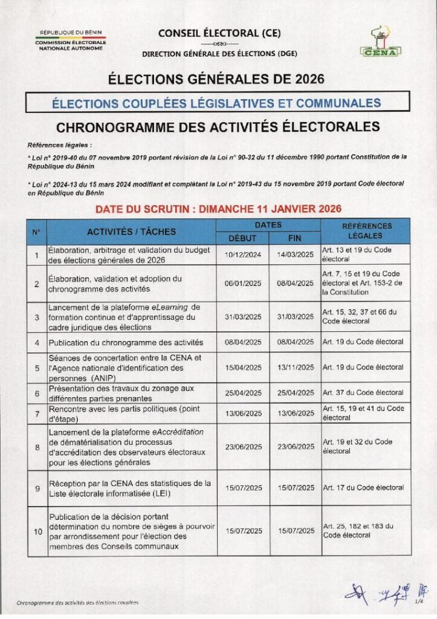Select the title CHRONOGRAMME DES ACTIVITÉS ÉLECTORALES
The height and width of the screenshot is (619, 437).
coord(218,126)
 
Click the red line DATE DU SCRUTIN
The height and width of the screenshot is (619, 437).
coord(218,209)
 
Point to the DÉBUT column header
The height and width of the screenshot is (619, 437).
coord(242,238)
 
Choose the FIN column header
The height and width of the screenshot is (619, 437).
coord(294,238)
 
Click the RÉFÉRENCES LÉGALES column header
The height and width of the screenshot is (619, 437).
coord(366,231)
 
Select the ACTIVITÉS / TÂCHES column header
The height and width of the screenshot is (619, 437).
coord(131,232)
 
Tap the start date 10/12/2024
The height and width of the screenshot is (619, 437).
coord(242,255)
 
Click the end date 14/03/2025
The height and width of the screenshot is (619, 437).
coord(295,255)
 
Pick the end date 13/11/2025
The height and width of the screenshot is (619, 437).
coord(295,367)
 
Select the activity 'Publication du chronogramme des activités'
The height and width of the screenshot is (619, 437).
coord(126,342)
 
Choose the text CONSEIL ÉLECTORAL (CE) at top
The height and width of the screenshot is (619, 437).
coord(219,34)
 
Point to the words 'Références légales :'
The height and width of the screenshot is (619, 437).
coord(60,146)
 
